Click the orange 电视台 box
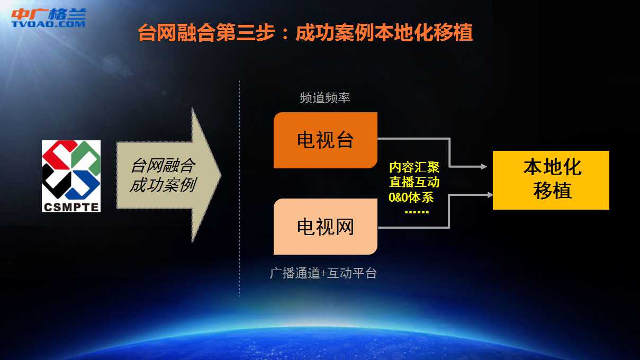click(x=326, y=140)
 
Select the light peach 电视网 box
click(x=326, y=227)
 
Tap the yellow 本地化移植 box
click(x=551, y=181)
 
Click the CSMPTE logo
click(x=71, y=176)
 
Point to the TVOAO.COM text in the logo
click(x=48, y=24)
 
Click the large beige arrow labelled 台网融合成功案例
click(x=169, y=175)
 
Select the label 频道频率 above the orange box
click(x=325, y=98)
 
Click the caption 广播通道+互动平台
click(x=323, y=273)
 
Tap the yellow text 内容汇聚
click(x=414, y=167)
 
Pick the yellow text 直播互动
click(x=414, y=182)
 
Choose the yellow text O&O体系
click(x=411, y=197)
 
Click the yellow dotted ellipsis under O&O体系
click(x=417, y=212)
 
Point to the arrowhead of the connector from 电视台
click(x=484, y=166)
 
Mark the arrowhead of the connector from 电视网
click(x=490, y=195)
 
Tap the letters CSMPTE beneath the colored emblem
click(x=71, y=207)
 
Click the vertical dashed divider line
click(x=239, y=188)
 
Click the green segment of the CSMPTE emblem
click(x=86, y=156)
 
